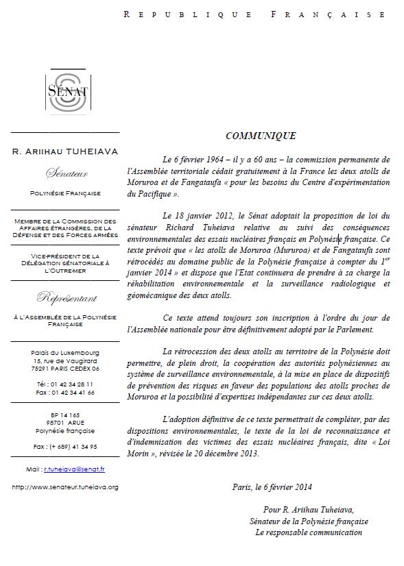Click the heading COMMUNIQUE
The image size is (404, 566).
[x=261, y=136]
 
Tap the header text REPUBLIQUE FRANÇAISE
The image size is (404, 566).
[x=254, y=14]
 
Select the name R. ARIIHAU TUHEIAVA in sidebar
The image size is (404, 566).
[x=66, y=151]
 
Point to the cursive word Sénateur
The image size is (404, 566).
[x=66, y=173]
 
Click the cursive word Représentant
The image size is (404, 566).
[x=66, y=298]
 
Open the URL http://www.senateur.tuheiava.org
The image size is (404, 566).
[x=66, y=487]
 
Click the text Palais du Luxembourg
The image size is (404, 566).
[x=66, y=352]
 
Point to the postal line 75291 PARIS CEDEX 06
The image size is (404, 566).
[x=66, y=368]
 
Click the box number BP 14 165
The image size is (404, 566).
[x=66, y=415]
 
